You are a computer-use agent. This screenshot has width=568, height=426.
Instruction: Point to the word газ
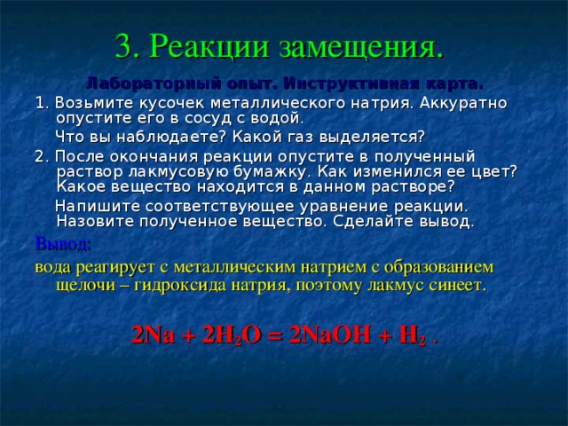pos(312,137)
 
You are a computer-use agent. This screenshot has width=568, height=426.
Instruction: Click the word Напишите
pos(94,206)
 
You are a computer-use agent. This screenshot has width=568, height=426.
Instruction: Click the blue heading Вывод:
pos(62,243)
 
